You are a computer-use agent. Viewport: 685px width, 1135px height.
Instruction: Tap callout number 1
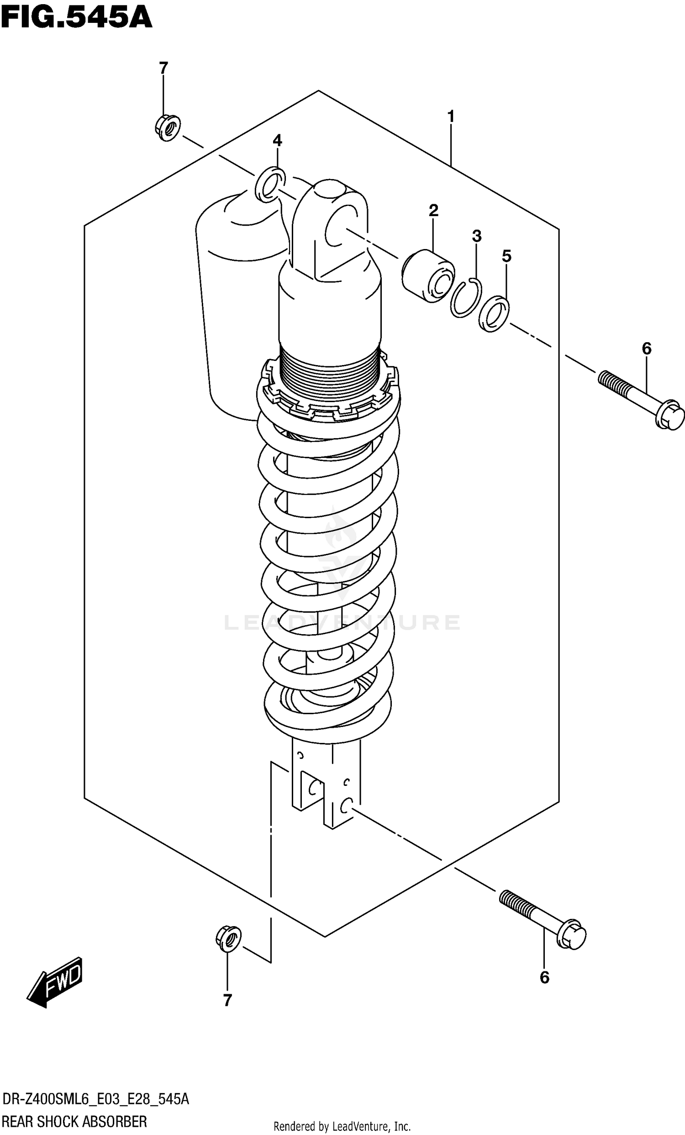tap(451, 116)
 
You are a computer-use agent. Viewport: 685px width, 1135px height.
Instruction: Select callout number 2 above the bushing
tap(433, 211)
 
